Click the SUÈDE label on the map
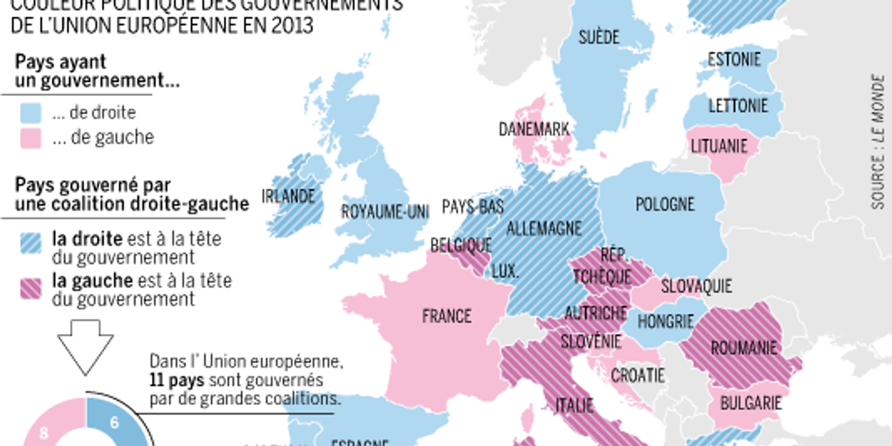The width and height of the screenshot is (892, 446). pos(598,37)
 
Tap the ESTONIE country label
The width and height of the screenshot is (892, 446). pos(734,59)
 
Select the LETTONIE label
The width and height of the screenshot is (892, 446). pos(738,105)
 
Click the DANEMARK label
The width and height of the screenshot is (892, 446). pos(534,129)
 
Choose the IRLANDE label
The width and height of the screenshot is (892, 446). pos(288,196)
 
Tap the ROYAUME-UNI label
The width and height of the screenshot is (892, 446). pos(385,212)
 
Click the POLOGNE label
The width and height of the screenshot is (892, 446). pos(665,204)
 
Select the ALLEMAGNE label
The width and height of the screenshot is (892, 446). pos(544,228)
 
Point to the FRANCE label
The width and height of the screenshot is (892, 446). pos(447,316)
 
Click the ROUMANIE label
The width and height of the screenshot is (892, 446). pos(743,348)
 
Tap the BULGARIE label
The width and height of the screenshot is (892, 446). pos(750,403)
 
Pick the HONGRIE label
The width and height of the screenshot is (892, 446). pos(665,321)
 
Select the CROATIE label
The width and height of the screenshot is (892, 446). pos(637,375)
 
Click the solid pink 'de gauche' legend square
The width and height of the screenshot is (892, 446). pos(30,138)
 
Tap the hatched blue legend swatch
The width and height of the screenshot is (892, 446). pos(30,243)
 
